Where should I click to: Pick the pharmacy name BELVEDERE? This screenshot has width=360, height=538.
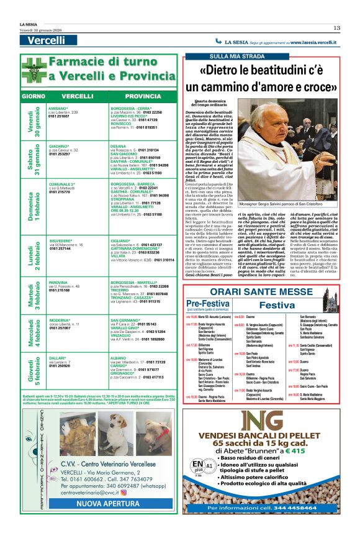[61, 240]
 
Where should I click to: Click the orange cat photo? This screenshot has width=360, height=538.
[77, 434]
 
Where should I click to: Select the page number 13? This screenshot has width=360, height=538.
[336, 27]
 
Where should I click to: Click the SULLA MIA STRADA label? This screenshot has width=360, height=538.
[214, 57]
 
